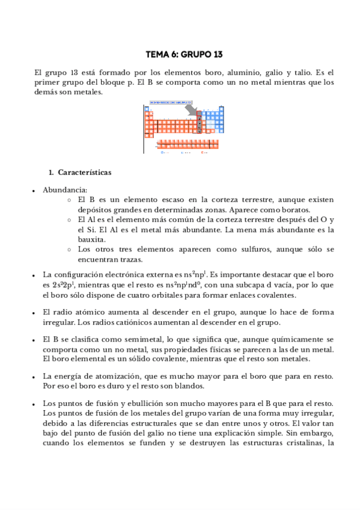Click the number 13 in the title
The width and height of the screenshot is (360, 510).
[217, 55]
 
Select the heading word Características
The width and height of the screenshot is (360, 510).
[85, 173]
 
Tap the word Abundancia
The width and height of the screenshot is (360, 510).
[64, 190]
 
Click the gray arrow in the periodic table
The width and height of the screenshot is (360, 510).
[191, 111]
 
